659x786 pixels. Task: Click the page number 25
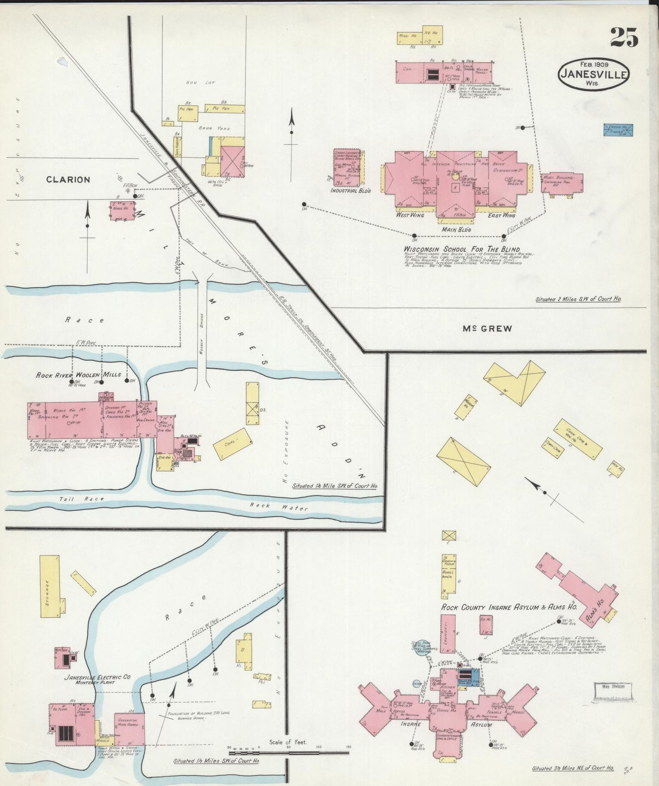624,37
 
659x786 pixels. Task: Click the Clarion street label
68,179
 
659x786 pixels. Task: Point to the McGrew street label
487,328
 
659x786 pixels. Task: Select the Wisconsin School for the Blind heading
462,249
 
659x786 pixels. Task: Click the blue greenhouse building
618,130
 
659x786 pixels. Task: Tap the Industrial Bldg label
350,190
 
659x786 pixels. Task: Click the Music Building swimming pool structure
562,182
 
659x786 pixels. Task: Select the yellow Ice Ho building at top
432,35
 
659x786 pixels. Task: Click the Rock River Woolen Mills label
78,375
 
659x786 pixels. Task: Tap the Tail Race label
81,499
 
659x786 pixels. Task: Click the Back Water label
278,506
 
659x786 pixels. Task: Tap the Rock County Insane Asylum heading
509,608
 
